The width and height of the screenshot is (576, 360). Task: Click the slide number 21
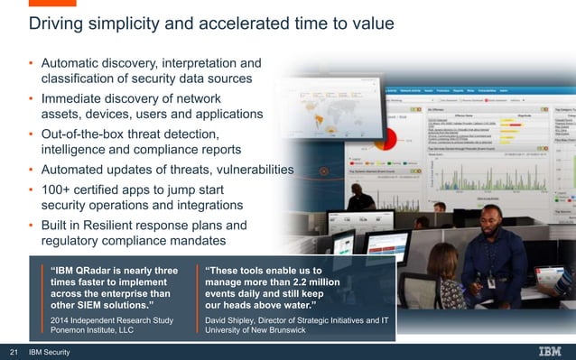click(x=14, y=351)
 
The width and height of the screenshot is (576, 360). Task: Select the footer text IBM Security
click(x=50, y=351)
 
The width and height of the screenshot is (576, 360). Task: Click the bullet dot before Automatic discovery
click(x=31, y=63)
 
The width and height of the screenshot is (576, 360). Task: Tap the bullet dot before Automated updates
click(x=31, y=170)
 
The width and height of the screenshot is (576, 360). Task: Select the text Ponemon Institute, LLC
click(x=91, y=330)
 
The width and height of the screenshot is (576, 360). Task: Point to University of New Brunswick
click(x=255, y=330)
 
